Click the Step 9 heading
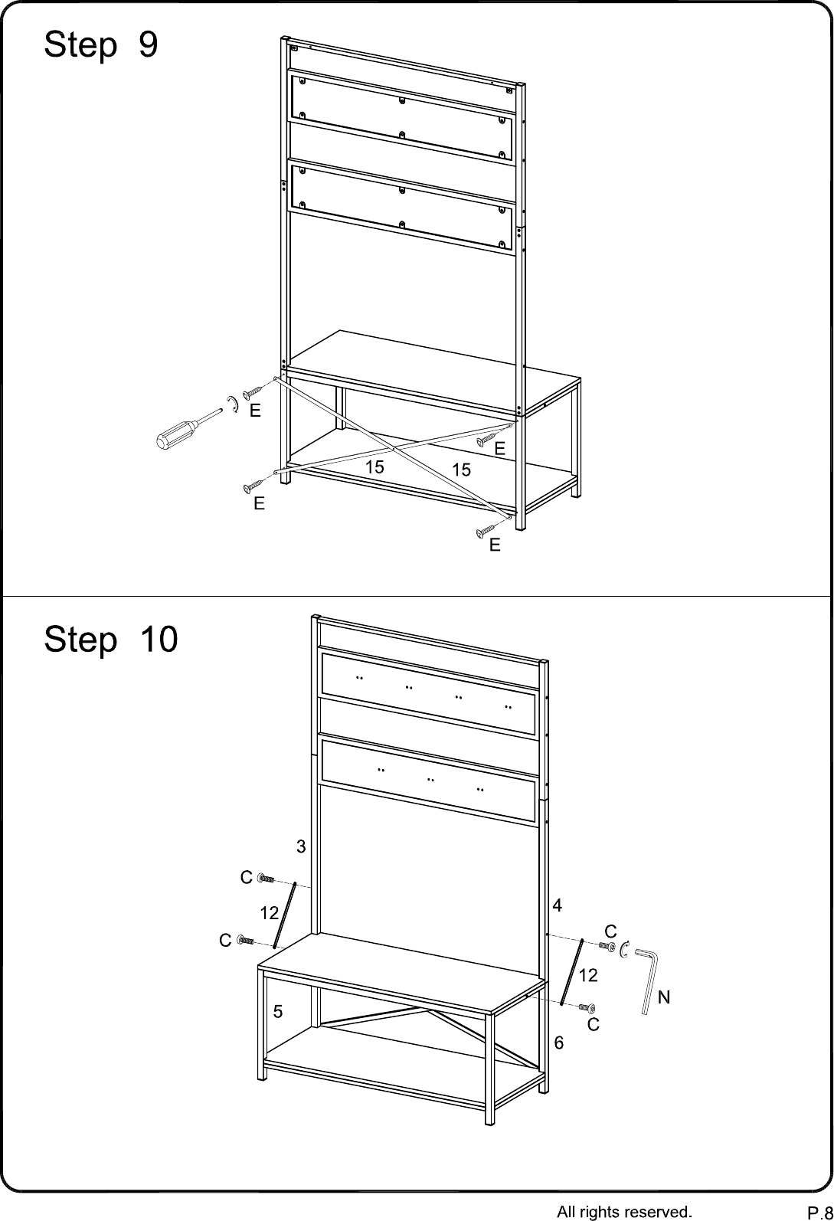[101, 44]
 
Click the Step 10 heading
[110, 639]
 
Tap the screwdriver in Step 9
[188, 428]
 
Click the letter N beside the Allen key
[664, 997]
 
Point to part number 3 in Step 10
[301, 846]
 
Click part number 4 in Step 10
[557, 905]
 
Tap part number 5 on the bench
[278, 1012]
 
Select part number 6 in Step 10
[559, 1043]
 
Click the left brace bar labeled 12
[285, 915]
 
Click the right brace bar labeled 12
[572, 972]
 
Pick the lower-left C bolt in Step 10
[246, 941]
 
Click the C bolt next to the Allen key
[607, 947]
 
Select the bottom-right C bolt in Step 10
[587, 1007]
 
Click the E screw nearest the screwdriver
[253, 391]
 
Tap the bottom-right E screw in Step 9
[486, 530]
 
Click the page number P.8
[819, 1213]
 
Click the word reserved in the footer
[662, 1212]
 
